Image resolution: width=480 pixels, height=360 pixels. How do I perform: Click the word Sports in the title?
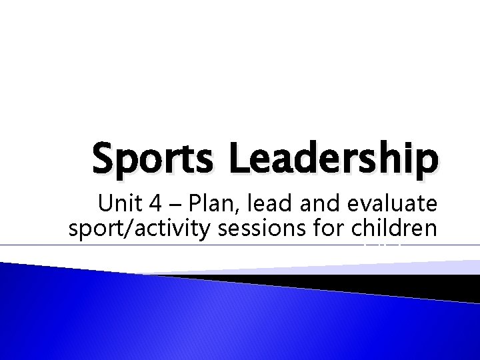(x=135, y=159)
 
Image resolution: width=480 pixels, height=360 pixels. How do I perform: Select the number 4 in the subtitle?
(x=147, y=203)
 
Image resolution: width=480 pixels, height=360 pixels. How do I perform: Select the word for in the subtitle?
(x=328, y=228)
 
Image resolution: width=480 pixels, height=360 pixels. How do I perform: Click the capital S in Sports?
(x=103, y=159)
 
